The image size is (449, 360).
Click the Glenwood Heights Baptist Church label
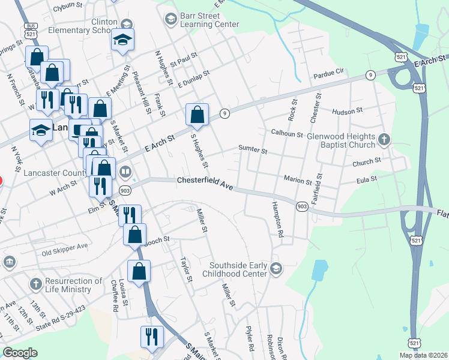click(341, 141)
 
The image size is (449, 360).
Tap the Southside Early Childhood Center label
click(238, 269)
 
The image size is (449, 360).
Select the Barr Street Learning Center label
click(209, 19)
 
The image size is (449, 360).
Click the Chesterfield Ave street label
click(205, 183)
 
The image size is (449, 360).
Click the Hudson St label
click(347, 111)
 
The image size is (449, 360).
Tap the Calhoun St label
click(286, 134)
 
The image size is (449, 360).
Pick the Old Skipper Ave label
click(64, 247)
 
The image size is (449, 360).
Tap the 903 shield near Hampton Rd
click(302, 206)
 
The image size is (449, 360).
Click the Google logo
click(20, 353)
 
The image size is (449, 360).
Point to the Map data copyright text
click(423, 355)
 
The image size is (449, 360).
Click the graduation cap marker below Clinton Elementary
click(122, 40)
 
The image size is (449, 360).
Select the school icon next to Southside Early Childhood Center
click(276, 267)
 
